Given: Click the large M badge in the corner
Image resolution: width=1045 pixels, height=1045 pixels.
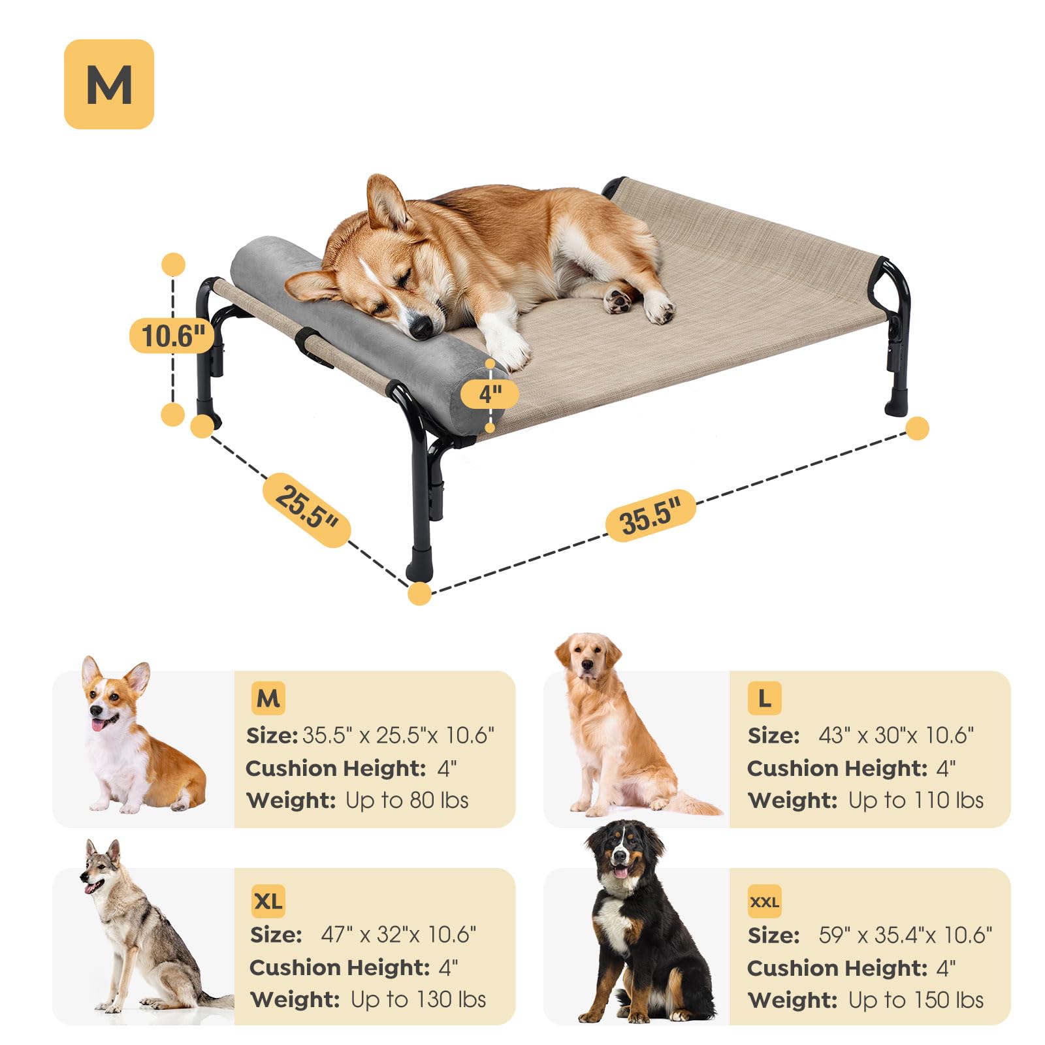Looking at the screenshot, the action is (109, 84).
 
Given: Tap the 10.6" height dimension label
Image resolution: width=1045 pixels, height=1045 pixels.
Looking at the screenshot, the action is (172, 336).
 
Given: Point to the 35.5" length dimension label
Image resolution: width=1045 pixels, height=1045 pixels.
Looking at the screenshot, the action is (649, 515).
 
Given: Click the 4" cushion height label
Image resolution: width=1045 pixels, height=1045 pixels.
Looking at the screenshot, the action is (490, 394).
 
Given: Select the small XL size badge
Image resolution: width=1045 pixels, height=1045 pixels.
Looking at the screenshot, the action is (268, 901).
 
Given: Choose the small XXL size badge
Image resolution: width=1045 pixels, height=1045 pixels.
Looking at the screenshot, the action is (764, 902).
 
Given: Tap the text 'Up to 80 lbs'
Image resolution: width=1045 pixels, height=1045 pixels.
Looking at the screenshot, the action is (407, 800).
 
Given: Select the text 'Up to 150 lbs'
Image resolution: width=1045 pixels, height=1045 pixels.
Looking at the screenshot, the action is (916, 1000).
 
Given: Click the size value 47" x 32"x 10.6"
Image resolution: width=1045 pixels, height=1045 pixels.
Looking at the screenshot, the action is (398, 935).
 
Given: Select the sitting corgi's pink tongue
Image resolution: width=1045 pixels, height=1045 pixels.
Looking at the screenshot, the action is (98, 724).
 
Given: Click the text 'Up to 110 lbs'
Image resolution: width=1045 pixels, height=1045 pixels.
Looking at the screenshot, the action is (916, 800).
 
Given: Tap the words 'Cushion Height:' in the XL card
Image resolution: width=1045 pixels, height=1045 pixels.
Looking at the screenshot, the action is (340, 967).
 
